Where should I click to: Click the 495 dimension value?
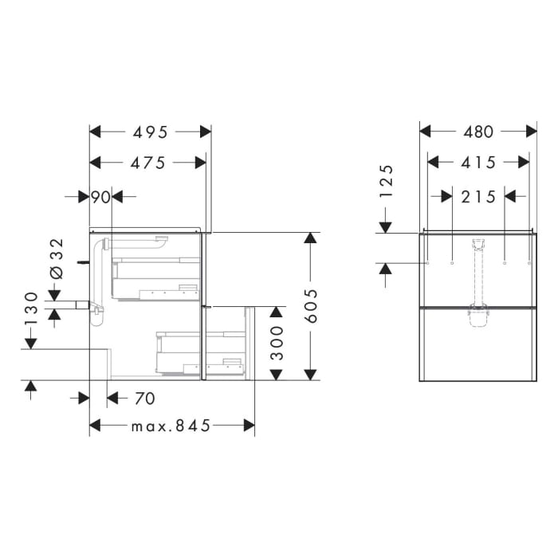pyautogui.click(x=149, y=132)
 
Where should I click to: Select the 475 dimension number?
pyautogui.click(x=149, y=163)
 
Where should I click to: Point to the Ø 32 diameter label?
pyautogui.click(x=56, y=258)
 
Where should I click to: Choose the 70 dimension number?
pyautogui.click(x=144, y=397)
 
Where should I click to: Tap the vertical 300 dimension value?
pyautogui.click(x=277, y=343)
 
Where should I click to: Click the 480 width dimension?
pyautogui.click(x=478, y=132)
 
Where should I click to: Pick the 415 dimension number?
pyautogui.click(x=478, y=163)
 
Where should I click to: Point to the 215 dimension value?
pyautogui.click(x=478, y=196)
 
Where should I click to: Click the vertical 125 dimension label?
pyautogui.click(x=387, y=181)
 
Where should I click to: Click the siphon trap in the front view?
pyautogui.click(x=478, y=316)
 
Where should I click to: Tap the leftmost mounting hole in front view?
pyautogui.click(x=428, y=261)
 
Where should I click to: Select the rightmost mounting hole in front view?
pyautogui.click(x=529, y=261)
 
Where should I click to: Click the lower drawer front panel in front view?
pyautogui.click(x=478, y=344)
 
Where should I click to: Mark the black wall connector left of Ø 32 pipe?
pyautogui.click(x=82, y=261)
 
